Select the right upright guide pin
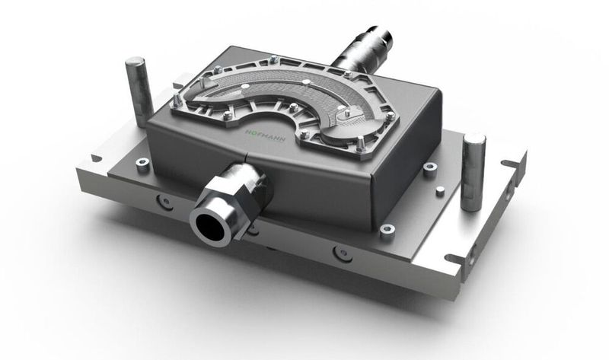(x=473, y=170)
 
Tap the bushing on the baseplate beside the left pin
(x=142, y=163)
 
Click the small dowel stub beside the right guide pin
(x=431, y=170)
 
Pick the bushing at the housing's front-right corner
(x=387, y=230)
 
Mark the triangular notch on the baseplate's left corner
(x=95, y=158)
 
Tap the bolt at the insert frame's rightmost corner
(x=389, y=117)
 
